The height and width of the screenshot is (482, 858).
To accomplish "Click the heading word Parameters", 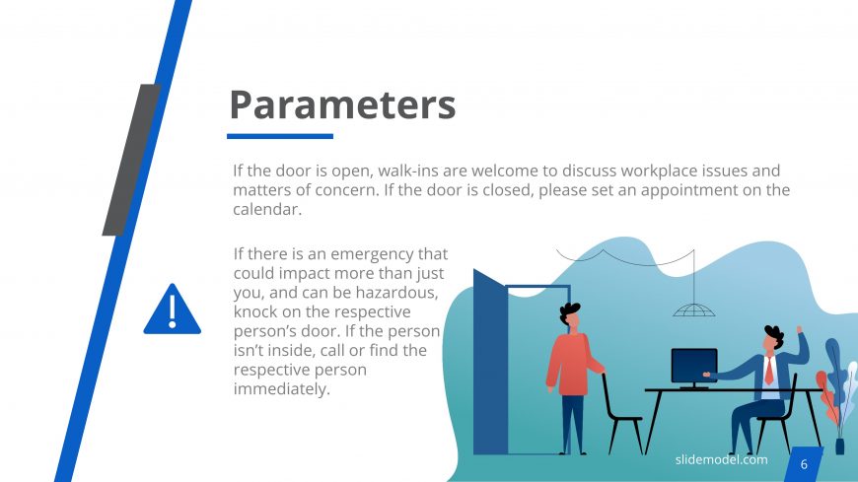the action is pyautogui.click(x=342, y=104).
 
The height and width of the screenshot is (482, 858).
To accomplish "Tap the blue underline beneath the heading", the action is pyautogui.click(x=280, y=136).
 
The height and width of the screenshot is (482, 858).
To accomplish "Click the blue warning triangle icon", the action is pyautogui.click(x=173, y=310).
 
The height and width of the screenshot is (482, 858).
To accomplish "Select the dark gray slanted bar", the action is pyautogui.click(x=131, y=160).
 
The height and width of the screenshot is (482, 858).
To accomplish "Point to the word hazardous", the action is pyautogui.click(x=396, y=293).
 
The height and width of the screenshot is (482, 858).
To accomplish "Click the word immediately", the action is pyautogui.click(x=282, y=389).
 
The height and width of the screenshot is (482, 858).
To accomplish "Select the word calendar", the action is pyautogui.click(x=267, y=210).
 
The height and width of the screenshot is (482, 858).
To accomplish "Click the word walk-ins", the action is pyautogui.click(x=408, y=171).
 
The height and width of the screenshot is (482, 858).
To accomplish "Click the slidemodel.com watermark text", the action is pyautogui.click(x=721, y=459).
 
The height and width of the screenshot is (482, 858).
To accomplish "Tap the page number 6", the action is pyautogui.click(x=804, y=464).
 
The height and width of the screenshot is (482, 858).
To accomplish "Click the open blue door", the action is pyautogui.click(x=490, y=362).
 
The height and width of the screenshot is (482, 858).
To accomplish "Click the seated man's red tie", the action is pyautogui.click(x=769, y=370).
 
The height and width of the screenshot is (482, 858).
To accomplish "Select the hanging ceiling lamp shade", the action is pyautogui.click(x=693, y=310).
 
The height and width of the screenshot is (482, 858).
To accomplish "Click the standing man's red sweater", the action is pyautogui.click(x=572, y=364).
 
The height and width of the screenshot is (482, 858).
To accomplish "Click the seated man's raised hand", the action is pyautogui.click(x=800, y=330).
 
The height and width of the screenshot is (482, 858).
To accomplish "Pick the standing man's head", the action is pyautogui.click(x=570, y=315).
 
